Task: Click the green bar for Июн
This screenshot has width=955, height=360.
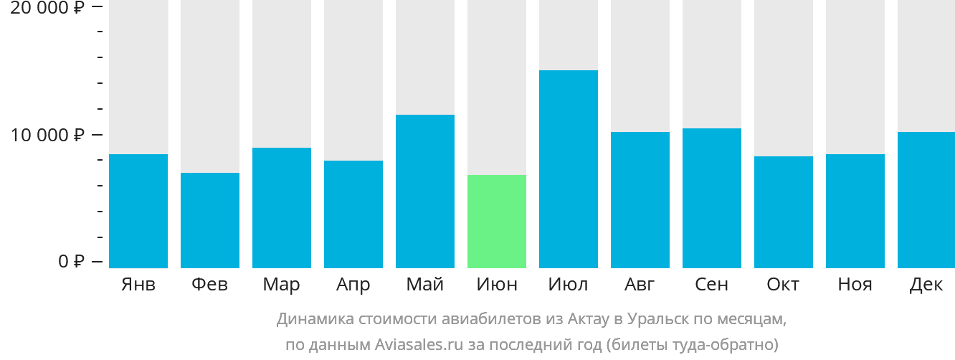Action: click(x=497, y=222)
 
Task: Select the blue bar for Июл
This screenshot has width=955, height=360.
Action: click(x=569, y=169)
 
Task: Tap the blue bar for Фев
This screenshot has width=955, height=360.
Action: click(x=210, y=220)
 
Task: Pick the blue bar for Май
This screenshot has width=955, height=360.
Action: click(x=425, y=191)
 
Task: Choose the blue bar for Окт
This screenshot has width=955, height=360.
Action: click(x=784, y=212)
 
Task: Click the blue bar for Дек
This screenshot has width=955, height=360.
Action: click(x=926, y=200)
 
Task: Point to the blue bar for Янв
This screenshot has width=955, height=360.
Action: click(x=138, y=211)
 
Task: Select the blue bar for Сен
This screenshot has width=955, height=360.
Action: click(x=712, y=198)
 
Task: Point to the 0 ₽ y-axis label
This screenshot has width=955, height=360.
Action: click(x=71, y=261)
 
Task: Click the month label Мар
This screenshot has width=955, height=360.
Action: click(x=281, y=285)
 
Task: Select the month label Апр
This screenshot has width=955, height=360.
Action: click(x=353, y=285)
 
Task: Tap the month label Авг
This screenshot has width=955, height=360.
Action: click(x=640, y=285)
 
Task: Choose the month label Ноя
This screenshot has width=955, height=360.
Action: click(x=855, y=285)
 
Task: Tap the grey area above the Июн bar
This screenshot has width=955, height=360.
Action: click(x=497, y=86)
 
